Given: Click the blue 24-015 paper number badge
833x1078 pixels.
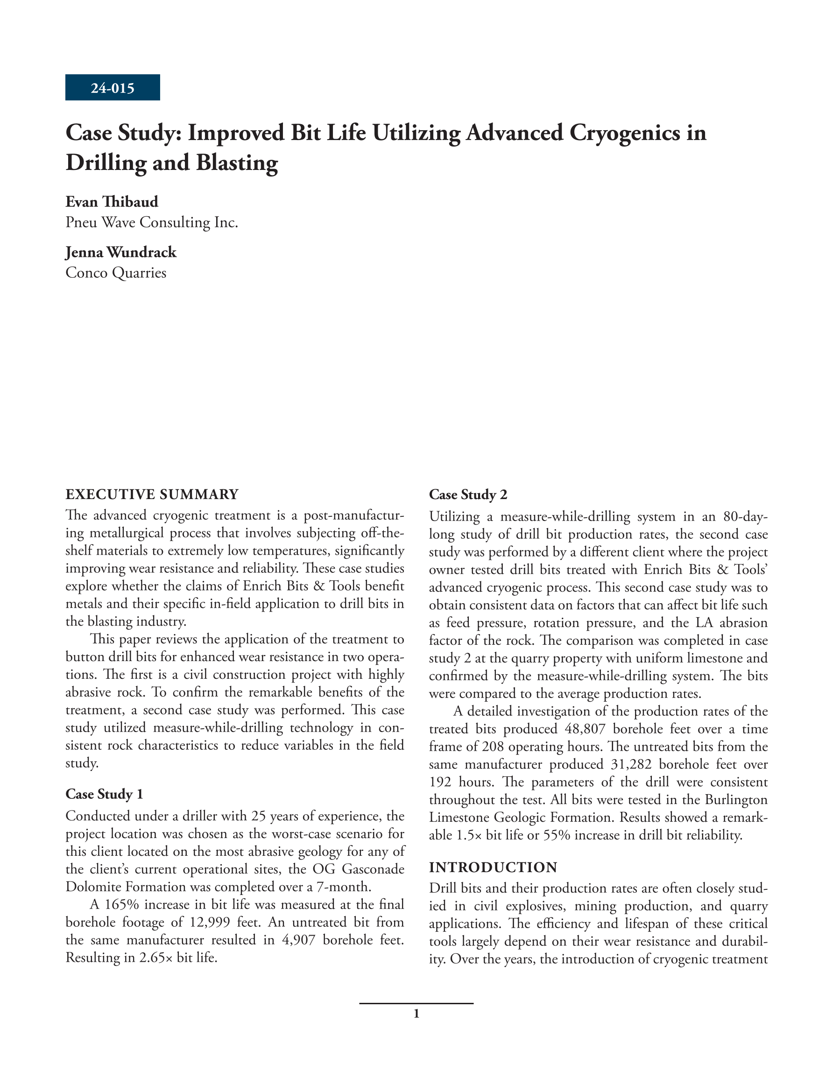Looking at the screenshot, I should pyautogui.click(x=112, y=88).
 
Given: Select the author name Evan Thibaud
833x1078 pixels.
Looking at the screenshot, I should pyautogui.click(x=112, y=201).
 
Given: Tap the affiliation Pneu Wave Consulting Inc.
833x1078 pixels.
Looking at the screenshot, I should pyautogui.click(x=152, y=222).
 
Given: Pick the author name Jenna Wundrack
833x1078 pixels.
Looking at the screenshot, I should pyautogui.click(x=121, y=252).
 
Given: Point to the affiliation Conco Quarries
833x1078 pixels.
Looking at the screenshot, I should pyautogui.click(x=115, y=273).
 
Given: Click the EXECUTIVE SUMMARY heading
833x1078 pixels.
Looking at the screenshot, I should pyautogui.click(x=152, y=494).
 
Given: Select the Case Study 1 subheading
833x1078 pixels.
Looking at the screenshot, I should pyautogui.click(x=104, y=794).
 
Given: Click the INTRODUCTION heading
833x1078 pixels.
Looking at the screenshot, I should pyautogui.click(x=493, y=867).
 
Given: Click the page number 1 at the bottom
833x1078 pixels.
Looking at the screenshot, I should pyautogui.click(x=416, y=1014).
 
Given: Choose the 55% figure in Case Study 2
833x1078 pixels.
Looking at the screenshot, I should pyautogui.click(x=557, y=835).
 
